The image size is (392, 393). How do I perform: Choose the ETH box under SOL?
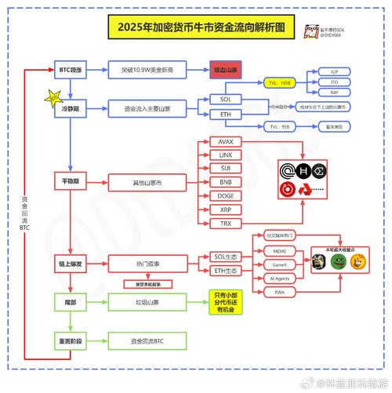226,115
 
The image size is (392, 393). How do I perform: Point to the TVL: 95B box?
280,126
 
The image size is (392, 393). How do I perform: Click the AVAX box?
226,141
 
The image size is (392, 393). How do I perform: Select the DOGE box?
226,196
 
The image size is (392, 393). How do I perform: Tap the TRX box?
226,224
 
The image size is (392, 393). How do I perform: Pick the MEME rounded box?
280,250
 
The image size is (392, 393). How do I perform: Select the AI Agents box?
280,278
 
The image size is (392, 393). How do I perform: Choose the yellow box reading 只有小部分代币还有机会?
224,302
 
